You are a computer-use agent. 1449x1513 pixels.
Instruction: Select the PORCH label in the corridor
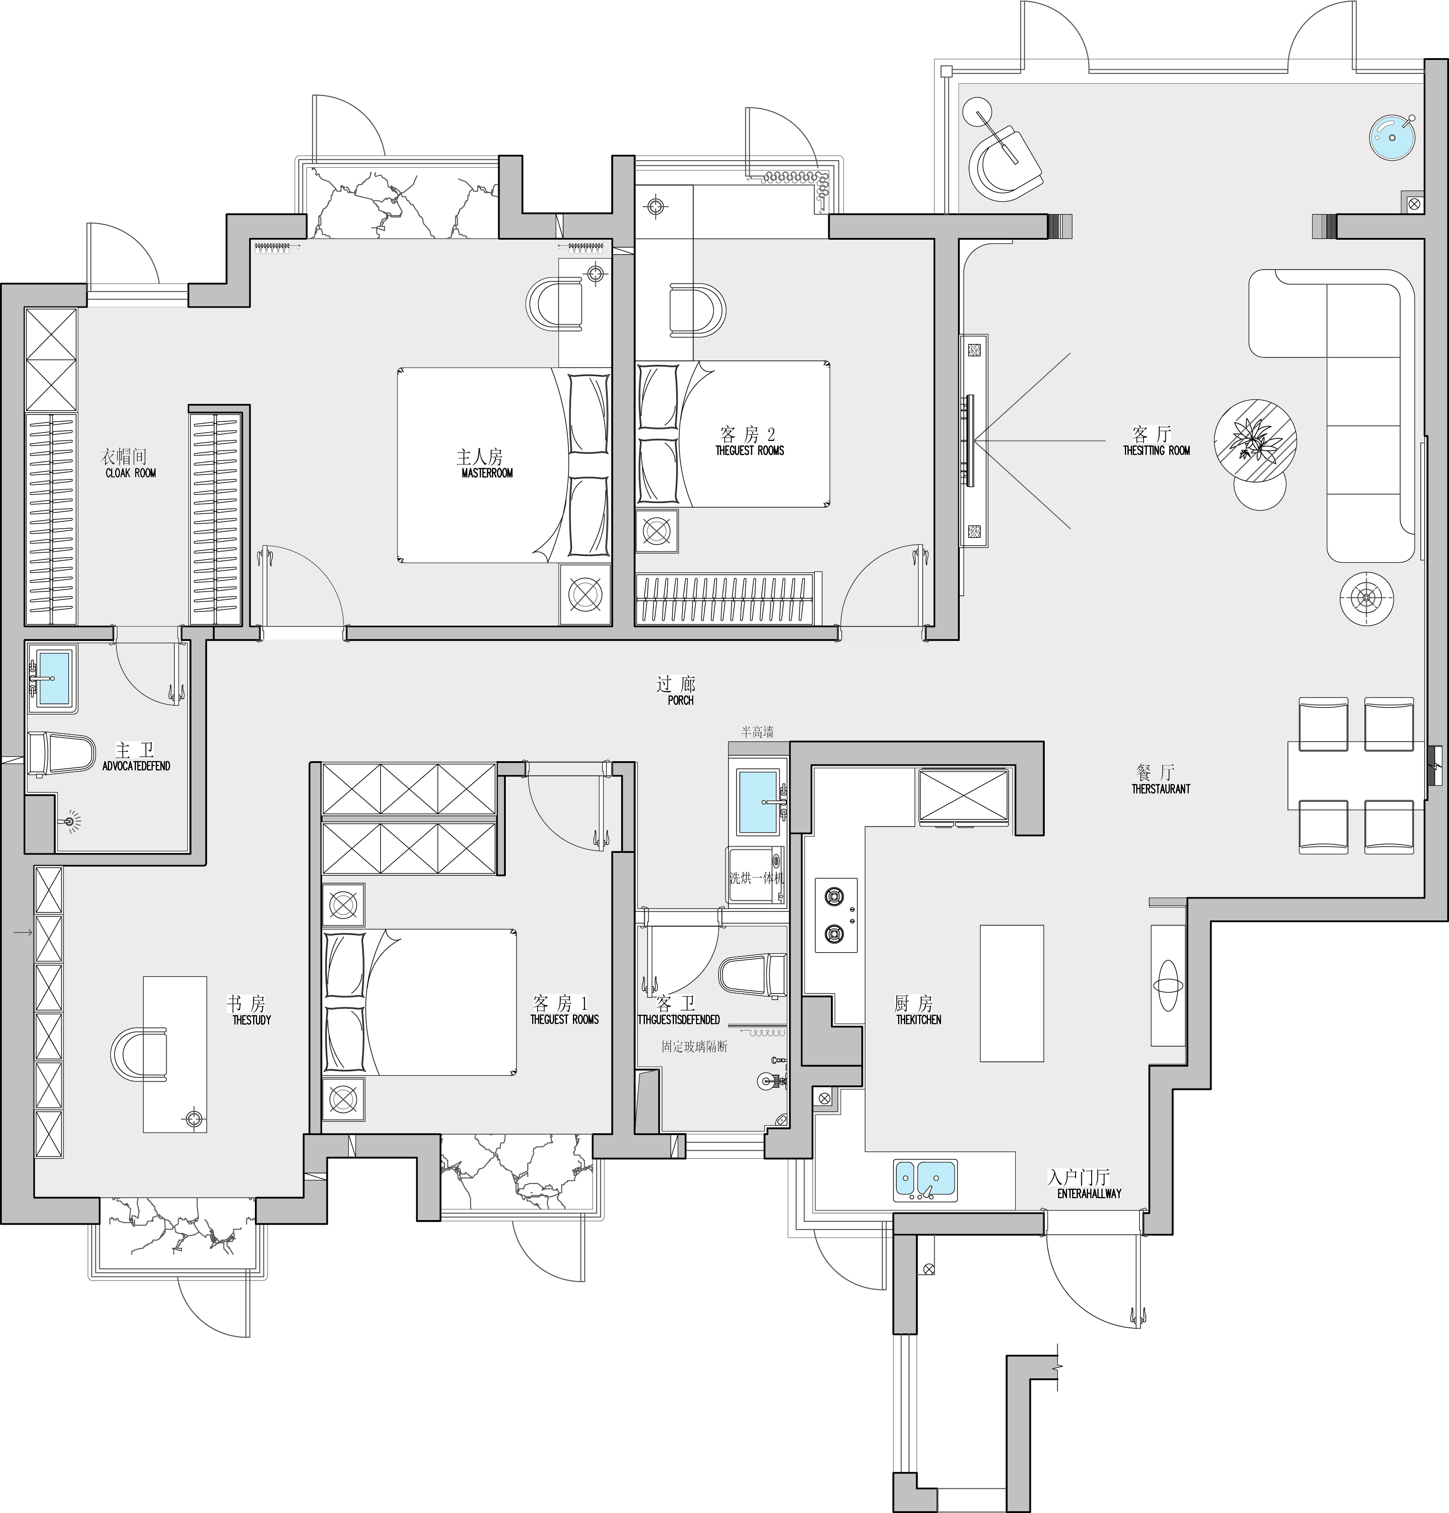click(x=680, y=700)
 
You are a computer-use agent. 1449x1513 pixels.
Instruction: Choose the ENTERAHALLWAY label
click(x=1089, y=1193)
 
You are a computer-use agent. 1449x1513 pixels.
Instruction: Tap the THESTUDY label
click(x=252, y=1020)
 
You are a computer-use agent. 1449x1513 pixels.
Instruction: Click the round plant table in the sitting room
click(x=1254, y=441)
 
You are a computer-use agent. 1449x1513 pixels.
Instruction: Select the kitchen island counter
click(x=1011, y=993)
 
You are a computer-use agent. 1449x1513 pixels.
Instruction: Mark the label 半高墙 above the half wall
click(x=757, y=732)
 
